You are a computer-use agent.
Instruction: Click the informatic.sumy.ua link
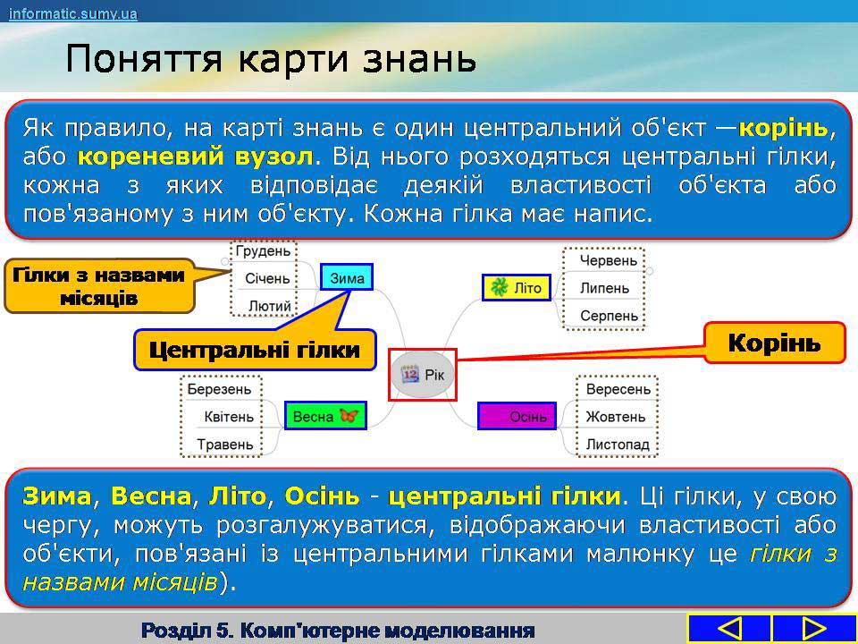(72, 13)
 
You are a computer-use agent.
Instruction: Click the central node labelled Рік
(423, 375)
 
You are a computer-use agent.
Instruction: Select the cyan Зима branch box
(347, 277)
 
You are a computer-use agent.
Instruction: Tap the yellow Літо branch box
(516, 288)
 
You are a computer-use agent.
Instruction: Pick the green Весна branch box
(325, 416)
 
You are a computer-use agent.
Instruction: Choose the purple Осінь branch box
(517, 416)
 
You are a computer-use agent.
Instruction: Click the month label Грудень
(263, 250)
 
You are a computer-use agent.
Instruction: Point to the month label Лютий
(270, 306)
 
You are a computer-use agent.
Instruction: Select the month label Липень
(605, 288)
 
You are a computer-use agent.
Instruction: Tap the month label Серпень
(609, 316)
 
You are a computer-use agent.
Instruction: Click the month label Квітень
(229, 417)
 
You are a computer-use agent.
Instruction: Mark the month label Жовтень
(616, 417)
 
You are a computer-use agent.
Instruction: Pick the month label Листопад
(618, 445)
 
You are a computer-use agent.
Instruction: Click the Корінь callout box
(774, 343)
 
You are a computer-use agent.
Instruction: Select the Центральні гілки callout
(255, 350)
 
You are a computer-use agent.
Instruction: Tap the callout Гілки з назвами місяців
(98, 286)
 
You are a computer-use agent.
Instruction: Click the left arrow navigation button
(729, 629)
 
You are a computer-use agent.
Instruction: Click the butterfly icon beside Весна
(349, 415)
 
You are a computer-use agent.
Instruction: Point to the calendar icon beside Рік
(410, 374)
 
